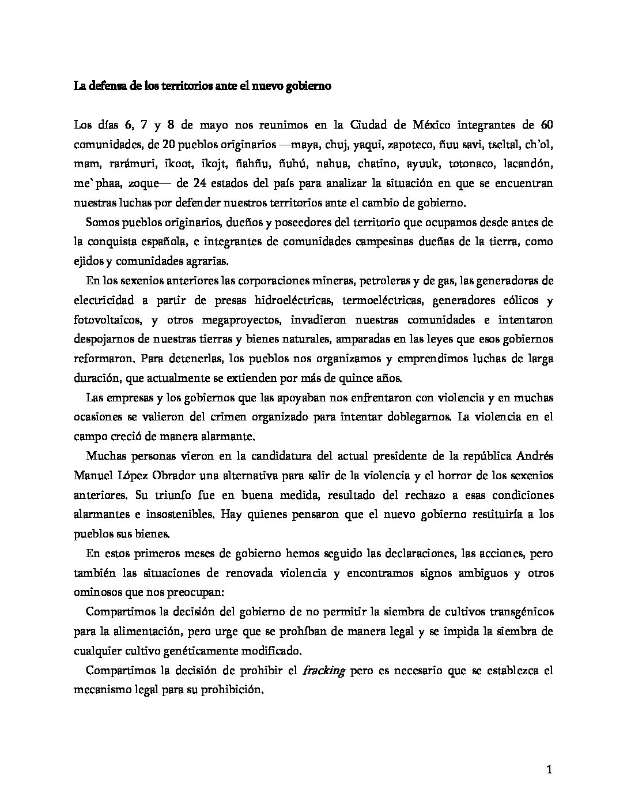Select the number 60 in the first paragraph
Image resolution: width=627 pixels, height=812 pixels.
(547, 125)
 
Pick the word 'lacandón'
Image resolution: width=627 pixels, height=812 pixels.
(528, 164)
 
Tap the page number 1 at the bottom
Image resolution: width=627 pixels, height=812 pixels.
(549, 770)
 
